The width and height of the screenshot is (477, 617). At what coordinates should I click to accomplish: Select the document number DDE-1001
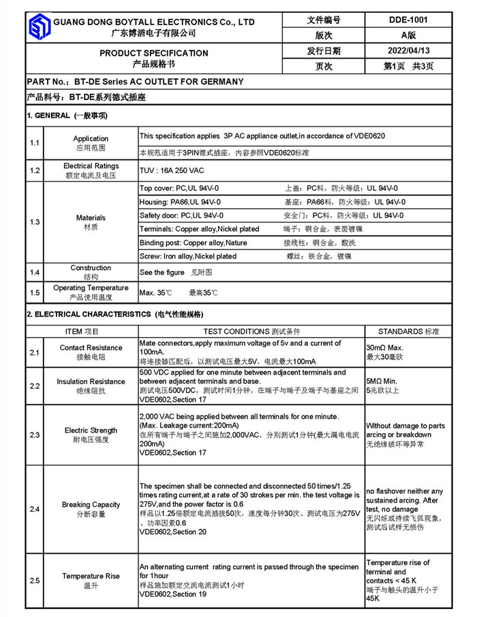point(409,20)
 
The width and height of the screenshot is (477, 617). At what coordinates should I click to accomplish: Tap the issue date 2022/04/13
point(409,51)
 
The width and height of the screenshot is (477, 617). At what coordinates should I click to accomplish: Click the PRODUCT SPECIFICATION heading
point(154,53)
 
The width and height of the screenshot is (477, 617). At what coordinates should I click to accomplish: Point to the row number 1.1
point(35,143)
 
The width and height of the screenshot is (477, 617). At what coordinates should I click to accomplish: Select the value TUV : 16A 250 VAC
point(172,170)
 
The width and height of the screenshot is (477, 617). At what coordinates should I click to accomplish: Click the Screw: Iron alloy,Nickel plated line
point(188,256)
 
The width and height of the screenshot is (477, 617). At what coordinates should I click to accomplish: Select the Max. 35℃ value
point(155,293)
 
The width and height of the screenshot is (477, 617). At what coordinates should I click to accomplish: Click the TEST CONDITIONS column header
point(251,332)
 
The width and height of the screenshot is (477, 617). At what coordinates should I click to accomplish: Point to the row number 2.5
point(35,580)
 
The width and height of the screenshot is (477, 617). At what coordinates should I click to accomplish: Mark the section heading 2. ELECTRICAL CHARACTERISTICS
point(114,315)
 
